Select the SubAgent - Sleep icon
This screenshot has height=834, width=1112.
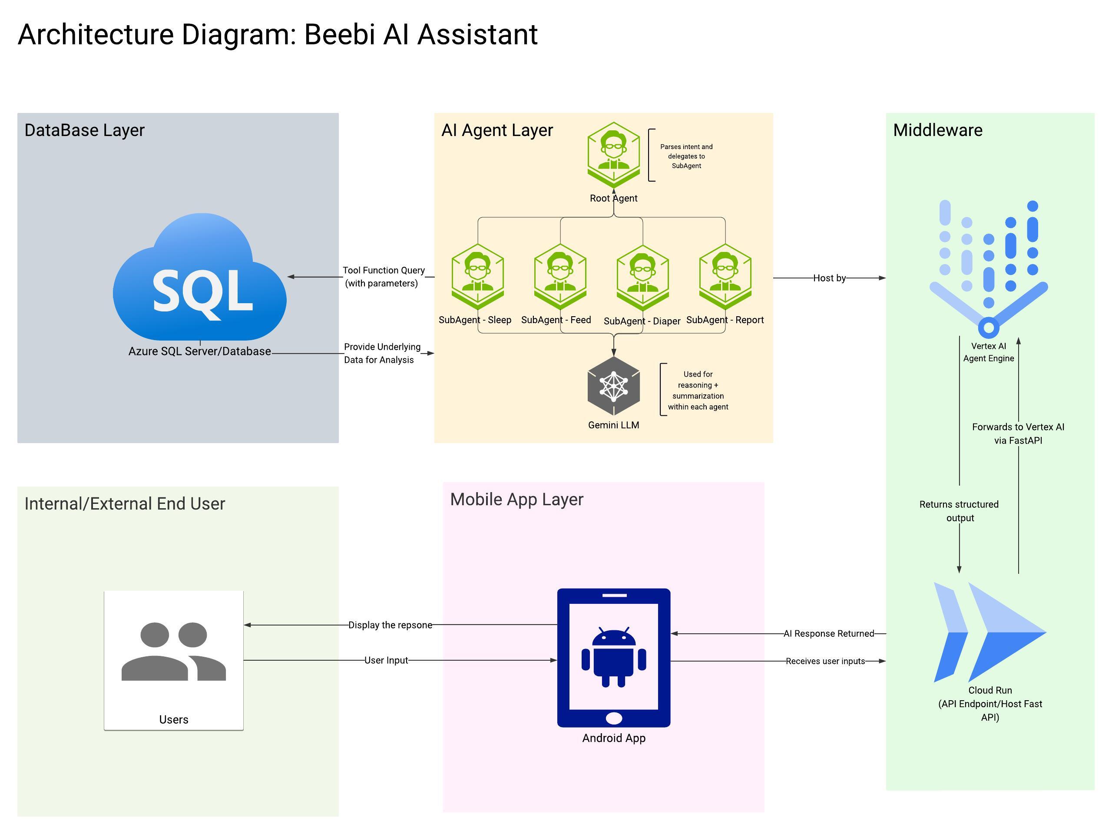[477, 276]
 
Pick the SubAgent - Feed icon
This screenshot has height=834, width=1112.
[560, 276]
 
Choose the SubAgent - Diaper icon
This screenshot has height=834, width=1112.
[642, 277]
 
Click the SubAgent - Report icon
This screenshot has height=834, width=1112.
[725, 276]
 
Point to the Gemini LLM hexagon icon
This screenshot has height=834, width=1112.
[613, 386]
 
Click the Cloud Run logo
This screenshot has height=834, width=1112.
[990, 632]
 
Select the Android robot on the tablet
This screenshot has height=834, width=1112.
[613, 656]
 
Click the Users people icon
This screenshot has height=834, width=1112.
[173, 652]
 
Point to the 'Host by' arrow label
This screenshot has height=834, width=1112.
[830, 278]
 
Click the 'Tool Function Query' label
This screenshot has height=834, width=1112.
[384, 271]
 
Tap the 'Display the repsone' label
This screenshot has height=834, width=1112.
[390, 625]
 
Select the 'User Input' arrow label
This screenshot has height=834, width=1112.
[386, 660]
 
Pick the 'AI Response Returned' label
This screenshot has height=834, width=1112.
[828, 633]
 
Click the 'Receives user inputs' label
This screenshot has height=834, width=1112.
[825, 661]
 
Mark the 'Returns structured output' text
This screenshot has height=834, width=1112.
[959, 511]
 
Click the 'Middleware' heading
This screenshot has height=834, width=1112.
[937, 130]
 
